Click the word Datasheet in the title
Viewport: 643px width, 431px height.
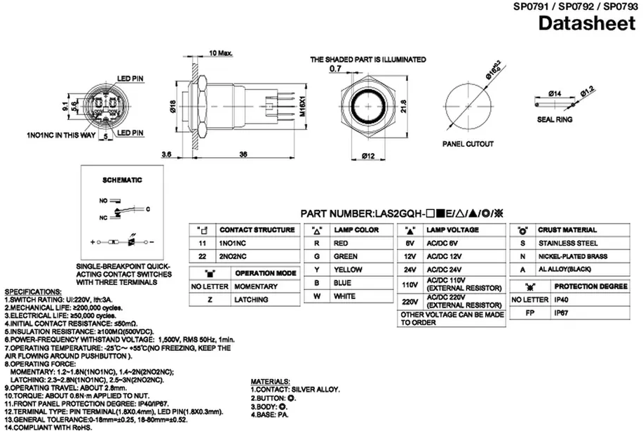[590, 24]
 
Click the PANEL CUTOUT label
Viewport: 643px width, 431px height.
[468, 144]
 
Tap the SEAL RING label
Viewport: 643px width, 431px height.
[555, 120]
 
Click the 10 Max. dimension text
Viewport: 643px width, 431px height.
[221, 53]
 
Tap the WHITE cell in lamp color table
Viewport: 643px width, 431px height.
[344, 296]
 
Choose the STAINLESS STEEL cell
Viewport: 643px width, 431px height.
[567, 243]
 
